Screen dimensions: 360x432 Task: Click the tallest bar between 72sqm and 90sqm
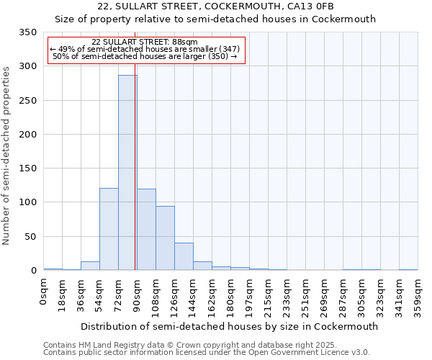127,173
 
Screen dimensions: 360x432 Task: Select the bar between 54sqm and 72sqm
109,229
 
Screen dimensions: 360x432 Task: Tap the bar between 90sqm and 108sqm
146,230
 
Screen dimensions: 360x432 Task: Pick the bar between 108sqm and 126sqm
165,238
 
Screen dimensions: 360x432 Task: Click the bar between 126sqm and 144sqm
184,256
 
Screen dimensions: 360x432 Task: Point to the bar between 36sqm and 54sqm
90,266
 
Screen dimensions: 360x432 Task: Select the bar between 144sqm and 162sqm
202,266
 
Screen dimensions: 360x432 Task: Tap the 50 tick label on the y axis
30,237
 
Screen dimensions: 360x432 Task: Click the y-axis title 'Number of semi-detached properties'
6,155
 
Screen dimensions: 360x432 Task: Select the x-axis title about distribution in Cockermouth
229,326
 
